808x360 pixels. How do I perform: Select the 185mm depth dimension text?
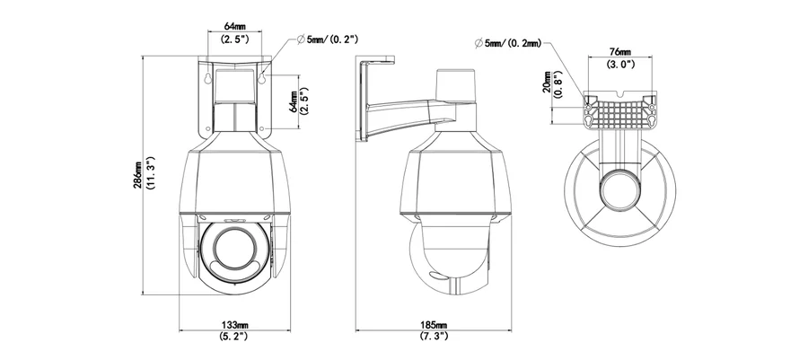435,325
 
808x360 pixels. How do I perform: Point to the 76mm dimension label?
619,52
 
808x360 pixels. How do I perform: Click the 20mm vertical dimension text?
547,83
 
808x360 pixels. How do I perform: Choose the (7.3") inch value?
435,337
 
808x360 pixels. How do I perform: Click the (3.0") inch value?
619,64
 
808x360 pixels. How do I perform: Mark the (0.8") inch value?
558,83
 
